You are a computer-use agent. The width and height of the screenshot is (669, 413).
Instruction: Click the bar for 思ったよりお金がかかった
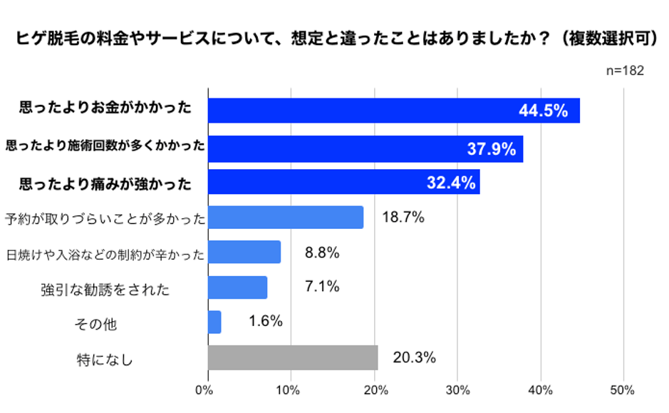pos(393,111)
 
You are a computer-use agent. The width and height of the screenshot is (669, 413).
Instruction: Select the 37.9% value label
pos(491,148)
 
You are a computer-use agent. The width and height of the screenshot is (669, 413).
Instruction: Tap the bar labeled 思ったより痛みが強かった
pos(343,182)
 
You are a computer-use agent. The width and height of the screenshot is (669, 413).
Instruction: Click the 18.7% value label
pos(403,218)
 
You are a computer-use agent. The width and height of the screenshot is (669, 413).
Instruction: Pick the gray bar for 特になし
pos(293,358)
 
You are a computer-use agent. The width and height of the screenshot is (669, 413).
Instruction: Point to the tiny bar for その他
pos(214,322)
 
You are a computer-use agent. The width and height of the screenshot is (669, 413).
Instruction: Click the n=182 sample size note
pos(625,71)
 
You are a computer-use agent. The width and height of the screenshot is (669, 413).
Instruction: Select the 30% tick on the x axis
pos(457,390)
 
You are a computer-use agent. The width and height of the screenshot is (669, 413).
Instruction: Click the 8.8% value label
pos(321,253)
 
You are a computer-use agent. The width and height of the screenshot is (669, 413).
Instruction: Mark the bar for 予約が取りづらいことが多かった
pos(286,218)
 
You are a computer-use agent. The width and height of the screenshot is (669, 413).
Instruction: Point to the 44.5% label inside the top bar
pos(543,111)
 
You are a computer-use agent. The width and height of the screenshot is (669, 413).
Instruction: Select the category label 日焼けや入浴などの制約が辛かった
pos(105,254)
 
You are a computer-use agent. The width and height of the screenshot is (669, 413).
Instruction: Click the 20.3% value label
pos(414,358)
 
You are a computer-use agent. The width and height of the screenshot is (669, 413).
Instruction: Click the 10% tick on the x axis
pos(291,390)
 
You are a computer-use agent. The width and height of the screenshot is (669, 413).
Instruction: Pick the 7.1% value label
pos(321,287)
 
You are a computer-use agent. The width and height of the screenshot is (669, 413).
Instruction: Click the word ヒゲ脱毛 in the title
pos(44,39)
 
